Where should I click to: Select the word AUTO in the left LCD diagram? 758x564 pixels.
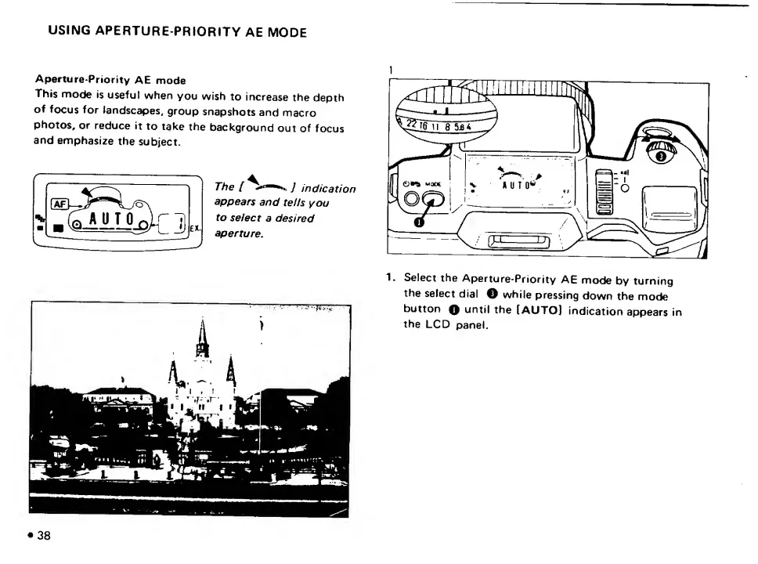pos(114,219)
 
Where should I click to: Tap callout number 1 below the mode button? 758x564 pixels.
pos(419,222)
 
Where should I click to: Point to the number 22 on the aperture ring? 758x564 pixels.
pos(413,124)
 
